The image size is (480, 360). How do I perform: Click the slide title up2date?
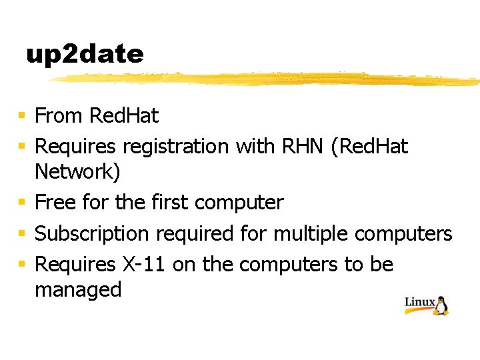tap(85, 55)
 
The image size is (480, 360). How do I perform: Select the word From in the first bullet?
tap(59, 116)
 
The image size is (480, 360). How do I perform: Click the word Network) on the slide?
tap(77, 172)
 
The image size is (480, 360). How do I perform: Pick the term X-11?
tap(145, 265)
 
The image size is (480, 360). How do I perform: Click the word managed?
tap(78, 290)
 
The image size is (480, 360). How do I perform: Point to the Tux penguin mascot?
tap(441, 305)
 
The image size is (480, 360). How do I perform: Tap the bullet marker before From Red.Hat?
tap(22, 117)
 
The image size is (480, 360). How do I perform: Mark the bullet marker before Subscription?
tap(22, 234)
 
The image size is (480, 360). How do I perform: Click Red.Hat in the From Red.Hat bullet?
tap(124, 116)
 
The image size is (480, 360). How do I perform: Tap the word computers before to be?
tap(289, 265)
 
